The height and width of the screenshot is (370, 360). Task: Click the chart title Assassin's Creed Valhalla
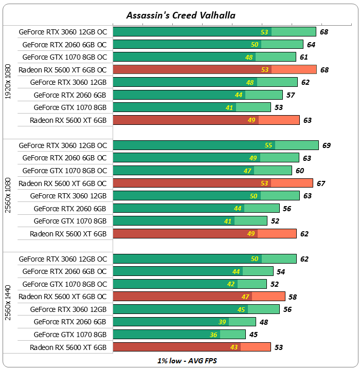click(181, 15)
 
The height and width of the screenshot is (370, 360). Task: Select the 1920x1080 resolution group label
click(8, 82)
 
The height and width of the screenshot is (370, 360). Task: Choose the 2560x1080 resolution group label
click(8, 195)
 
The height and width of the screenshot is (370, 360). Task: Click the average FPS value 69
click(327, 145)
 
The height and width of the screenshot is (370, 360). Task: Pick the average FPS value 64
click(311, 45)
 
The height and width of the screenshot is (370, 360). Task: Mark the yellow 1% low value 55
click(268, 145)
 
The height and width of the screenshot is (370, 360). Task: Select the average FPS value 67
click(321, 183)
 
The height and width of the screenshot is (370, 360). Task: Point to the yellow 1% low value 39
click(222, 322)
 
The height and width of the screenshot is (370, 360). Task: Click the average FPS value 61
click(304, 57)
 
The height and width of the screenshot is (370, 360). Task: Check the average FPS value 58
click(293, 297)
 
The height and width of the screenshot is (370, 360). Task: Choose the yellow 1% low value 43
click(234, 347)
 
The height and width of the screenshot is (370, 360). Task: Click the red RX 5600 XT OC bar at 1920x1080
click(214, 69)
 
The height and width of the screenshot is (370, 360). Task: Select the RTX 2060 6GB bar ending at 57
click(197, 95)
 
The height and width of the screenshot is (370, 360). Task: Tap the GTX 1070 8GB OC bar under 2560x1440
click(189, 284)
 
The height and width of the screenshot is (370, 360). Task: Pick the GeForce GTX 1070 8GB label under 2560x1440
click(70, 335)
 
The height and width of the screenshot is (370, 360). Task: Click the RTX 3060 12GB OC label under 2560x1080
click(63, 145)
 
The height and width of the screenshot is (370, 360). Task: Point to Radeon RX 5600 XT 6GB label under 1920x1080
click(68, 120)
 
